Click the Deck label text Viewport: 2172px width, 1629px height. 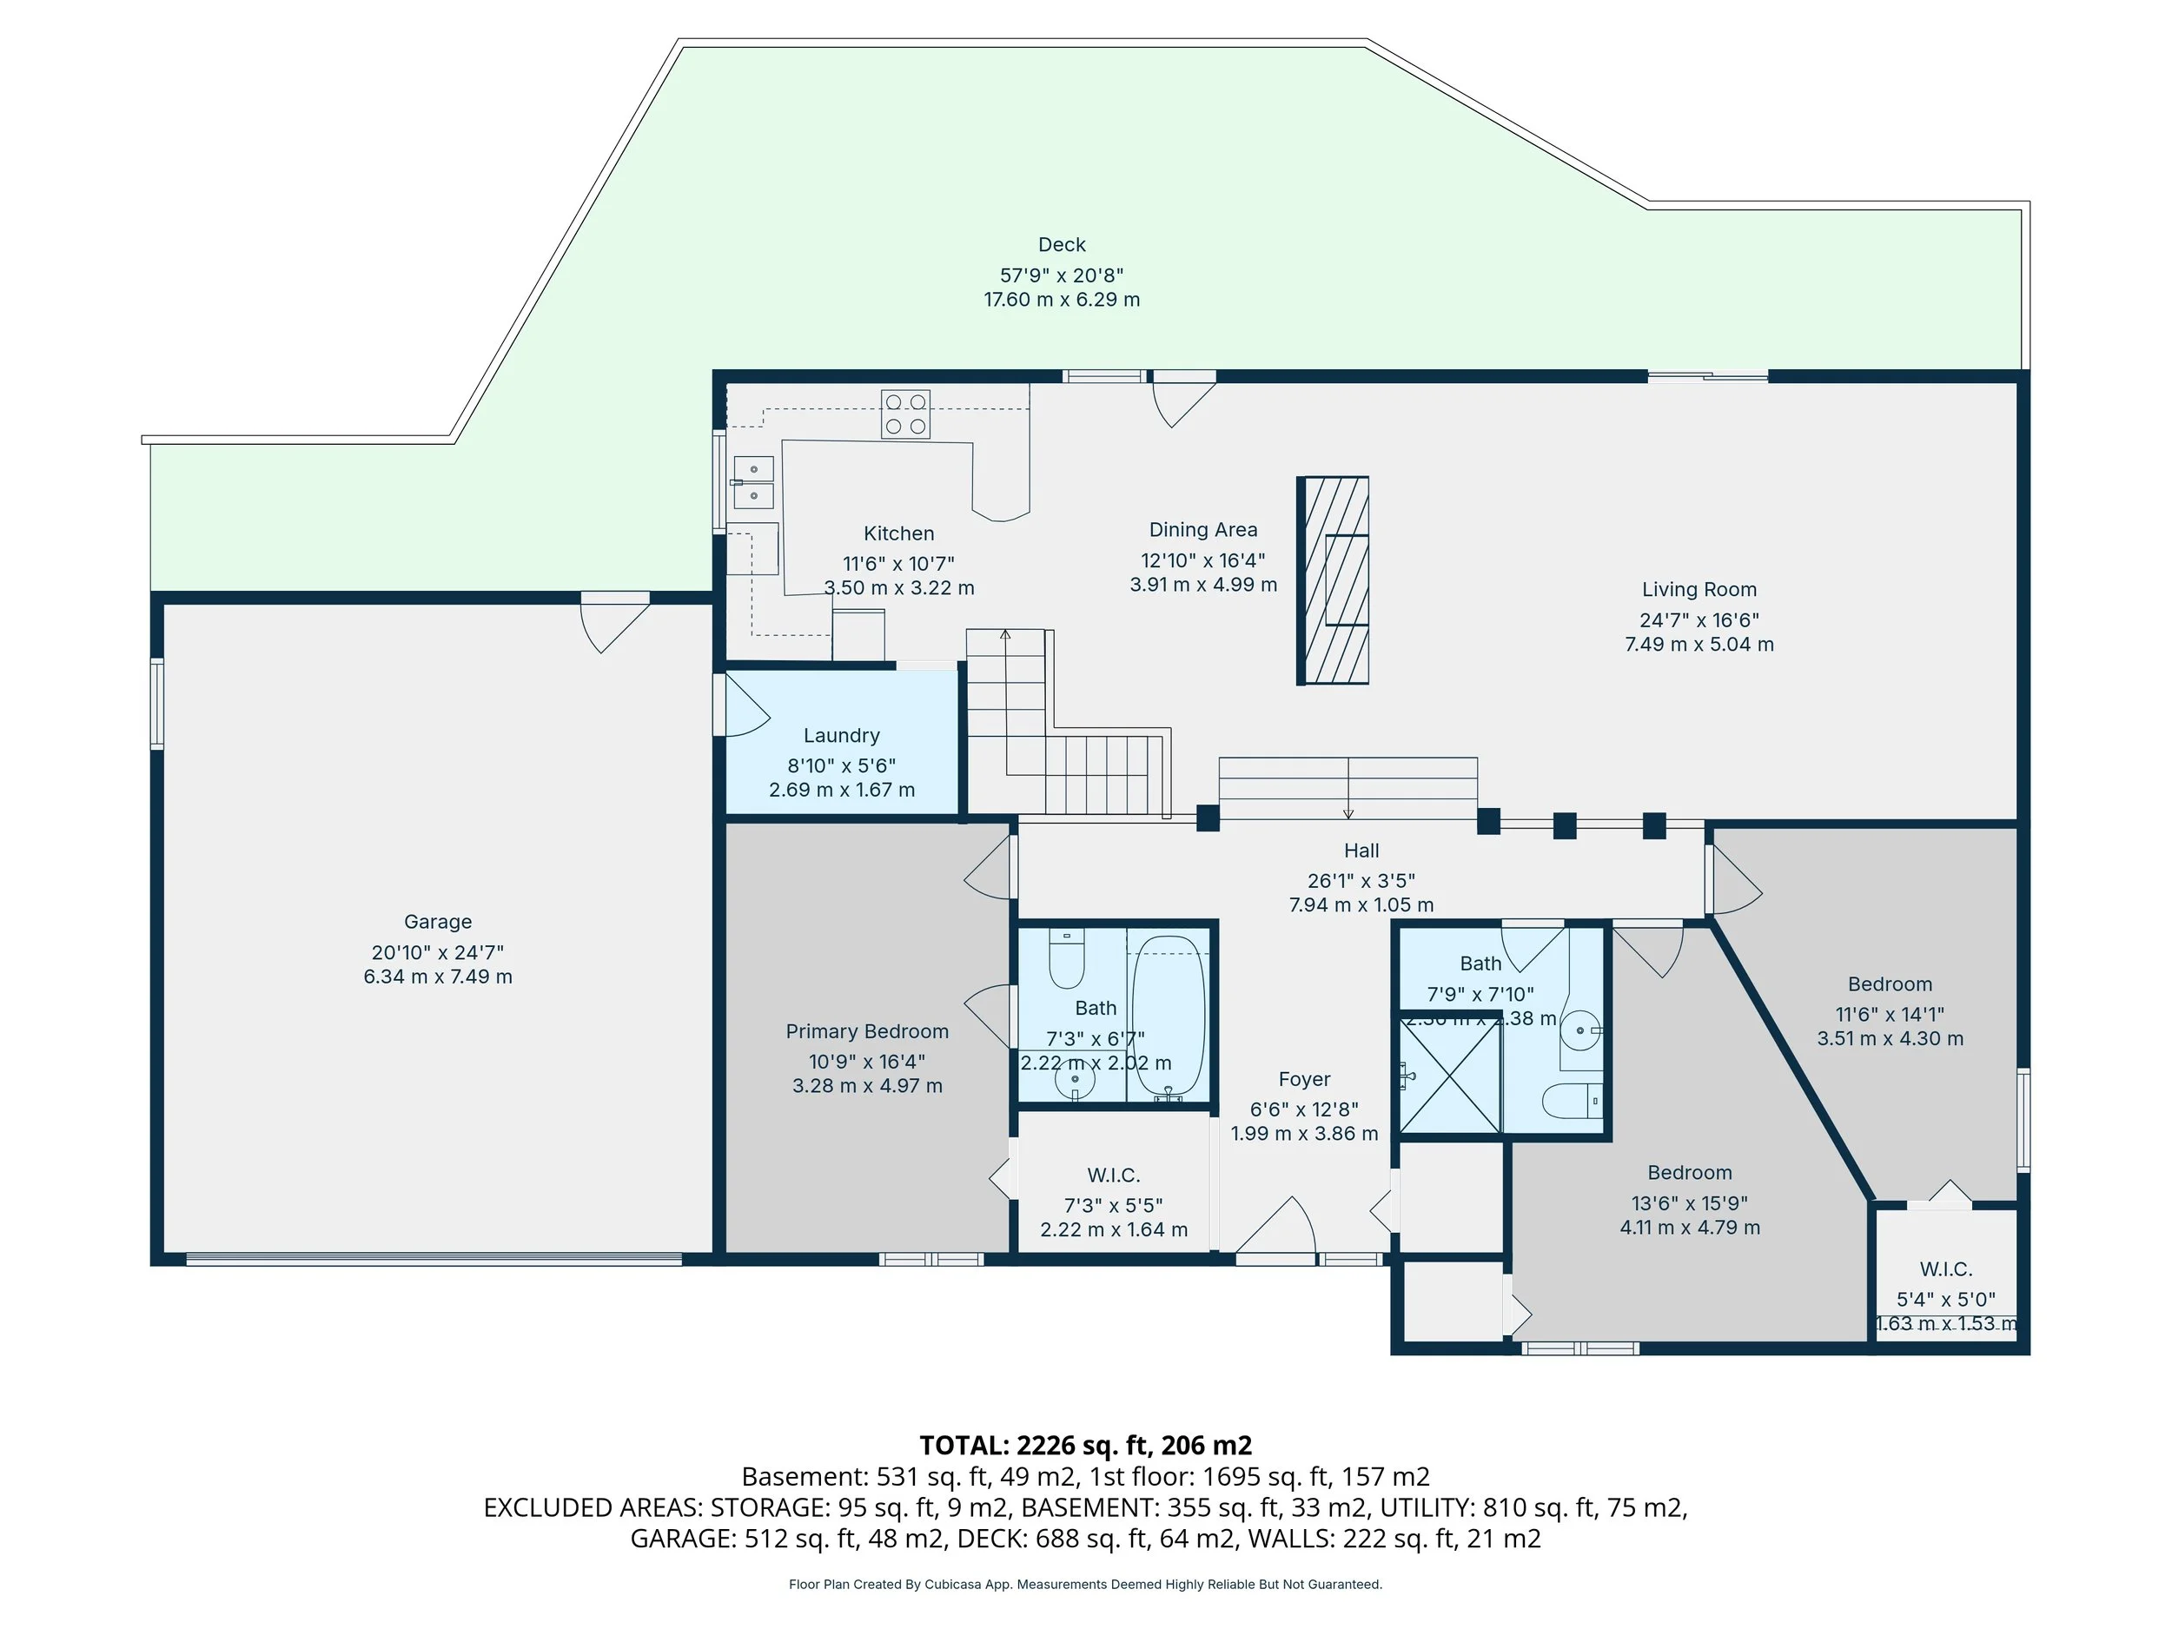coord(1062,244)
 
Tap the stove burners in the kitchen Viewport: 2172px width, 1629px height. coord(905,414)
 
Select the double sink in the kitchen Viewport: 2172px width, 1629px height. coord(753,482)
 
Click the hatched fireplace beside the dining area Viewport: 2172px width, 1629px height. coord(1334,580)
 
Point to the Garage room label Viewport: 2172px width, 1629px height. coord(438,921)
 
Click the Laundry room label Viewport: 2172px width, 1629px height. coord(842,736)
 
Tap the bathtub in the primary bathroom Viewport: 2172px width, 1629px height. coord(1169,1017)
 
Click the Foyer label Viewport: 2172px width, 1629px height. coord(1304,1079)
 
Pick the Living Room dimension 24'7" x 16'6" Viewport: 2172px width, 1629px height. coord(1699,619)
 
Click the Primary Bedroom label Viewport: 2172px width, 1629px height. coord(867,1031)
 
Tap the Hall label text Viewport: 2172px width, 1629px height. coord(1361,851)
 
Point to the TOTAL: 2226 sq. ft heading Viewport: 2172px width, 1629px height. coord(1085,1446)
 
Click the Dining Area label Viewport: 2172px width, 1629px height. coord(1202,530)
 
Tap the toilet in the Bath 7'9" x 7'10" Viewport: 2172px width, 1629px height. coord(1572,1101)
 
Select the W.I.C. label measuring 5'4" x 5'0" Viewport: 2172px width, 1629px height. coord(1945,1269)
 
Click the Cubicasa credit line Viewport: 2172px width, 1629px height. coord(1085,1584)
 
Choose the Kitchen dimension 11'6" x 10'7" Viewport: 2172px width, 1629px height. coord(898,564)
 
